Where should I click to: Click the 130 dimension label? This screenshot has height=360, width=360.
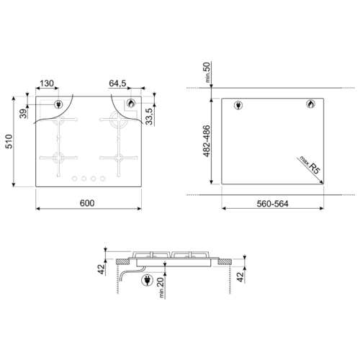47,84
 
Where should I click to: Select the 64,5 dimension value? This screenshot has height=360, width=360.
117,84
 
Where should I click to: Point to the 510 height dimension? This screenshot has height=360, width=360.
9,142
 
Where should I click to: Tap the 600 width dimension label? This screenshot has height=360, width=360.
87,203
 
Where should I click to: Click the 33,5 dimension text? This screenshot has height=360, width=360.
149,117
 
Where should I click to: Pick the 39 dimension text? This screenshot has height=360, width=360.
23,114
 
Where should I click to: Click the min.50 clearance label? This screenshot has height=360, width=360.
207,72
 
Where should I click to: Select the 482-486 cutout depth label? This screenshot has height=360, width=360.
207,141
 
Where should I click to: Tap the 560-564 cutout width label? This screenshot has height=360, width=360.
272,204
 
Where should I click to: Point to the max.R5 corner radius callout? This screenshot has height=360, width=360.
310,165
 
